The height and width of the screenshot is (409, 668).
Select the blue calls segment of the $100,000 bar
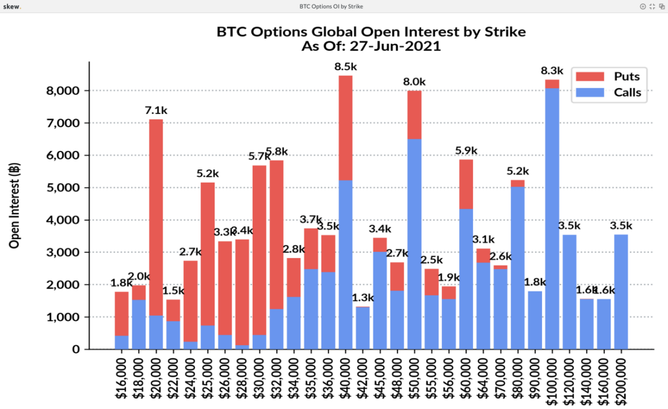pyautogui.click(x=552, y=219)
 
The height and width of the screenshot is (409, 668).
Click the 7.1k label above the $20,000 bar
pyautogui.click(x=156, y=109)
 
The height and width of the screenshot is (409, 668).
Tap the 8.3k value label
pyautogui.click(x=552, y=71)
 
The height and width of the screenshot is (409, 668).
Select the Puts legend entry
pyautogui.click(x=610, y=77)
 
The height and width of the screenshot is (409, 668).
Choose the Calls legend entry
pyautogui.click(x=610, y=92)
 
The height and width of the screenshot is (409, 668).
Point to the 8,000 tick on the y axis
pyautogui.click(x=64, y=91)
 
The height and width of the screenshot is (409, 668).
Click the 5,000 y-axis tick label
pyautogui.click(x=64, y=188)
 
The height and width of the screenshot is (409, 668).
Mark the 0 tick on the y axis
pyautogui.click(x=75, y=350)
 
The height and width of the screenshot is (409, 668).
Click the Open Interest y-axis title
pyautogui.click(x=14, y=205)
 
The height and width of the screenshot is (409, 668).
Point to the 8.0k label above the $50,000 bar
pyautogui.click(x=414, y=82)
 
